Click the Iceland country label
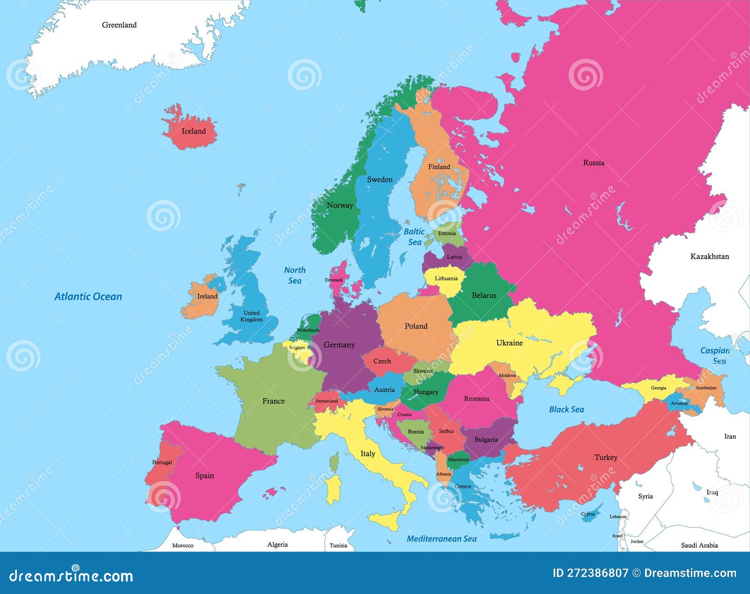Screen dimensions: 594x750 tap(194, 131)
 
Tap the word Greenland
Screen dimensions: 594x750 tap(119, 25)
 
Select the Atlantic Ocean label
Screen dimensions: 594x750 tap(88, 296)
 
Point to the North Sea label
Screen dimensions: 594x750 tap(294, 275)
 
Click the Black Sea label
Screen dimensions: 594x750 tap(566, 409)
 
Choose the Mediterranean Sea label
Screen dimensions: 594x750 tap(441, 539)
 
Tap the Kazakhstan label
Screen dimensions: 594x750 tap(709, 256)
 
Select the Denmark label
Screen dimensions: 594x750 tap(334, 280)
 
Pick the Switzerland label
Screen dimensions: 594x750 tap(326, 401)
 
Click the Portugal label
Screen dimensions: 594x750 tap(162, 462)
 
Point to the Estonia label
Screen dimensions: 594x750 tap(447, 233)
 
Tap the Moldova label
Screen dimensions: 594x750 tap(507, 376)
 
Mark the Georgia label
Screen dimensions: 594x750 tap(658, 388)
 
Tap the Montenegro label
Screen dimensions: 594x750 tap(432, 448)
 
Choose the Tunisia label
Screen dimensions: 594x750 tap(338, 545)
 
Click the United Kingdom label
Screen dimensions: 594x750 tap(251, 316)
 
